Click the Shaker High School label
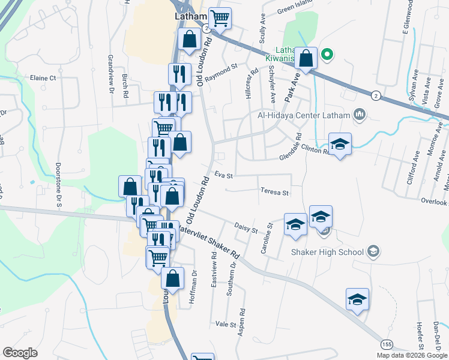tap(327, 252)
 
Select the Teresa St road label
tap(275, 193)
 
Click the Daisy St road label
tap(246, 229)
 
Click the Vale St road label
tap(226, 324)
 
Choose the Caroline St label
tap(265, 238)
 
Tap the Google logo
tap(20, 353)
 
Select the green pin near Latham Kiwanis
tap(327, 54)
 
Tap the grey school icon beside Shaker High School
tap(373, 251)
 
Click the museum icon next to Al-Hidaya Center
tap(360, 113)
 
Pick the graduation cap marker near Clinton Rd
tap(340, 144)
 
